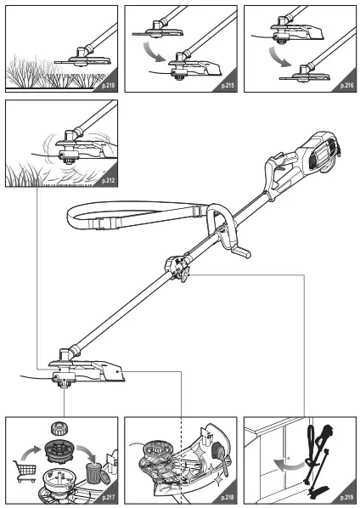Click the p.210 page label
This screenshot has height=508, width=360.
109,86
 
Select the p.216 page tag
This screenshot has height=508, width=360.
345,86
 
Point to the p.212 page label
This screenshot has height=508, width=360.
109,181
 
